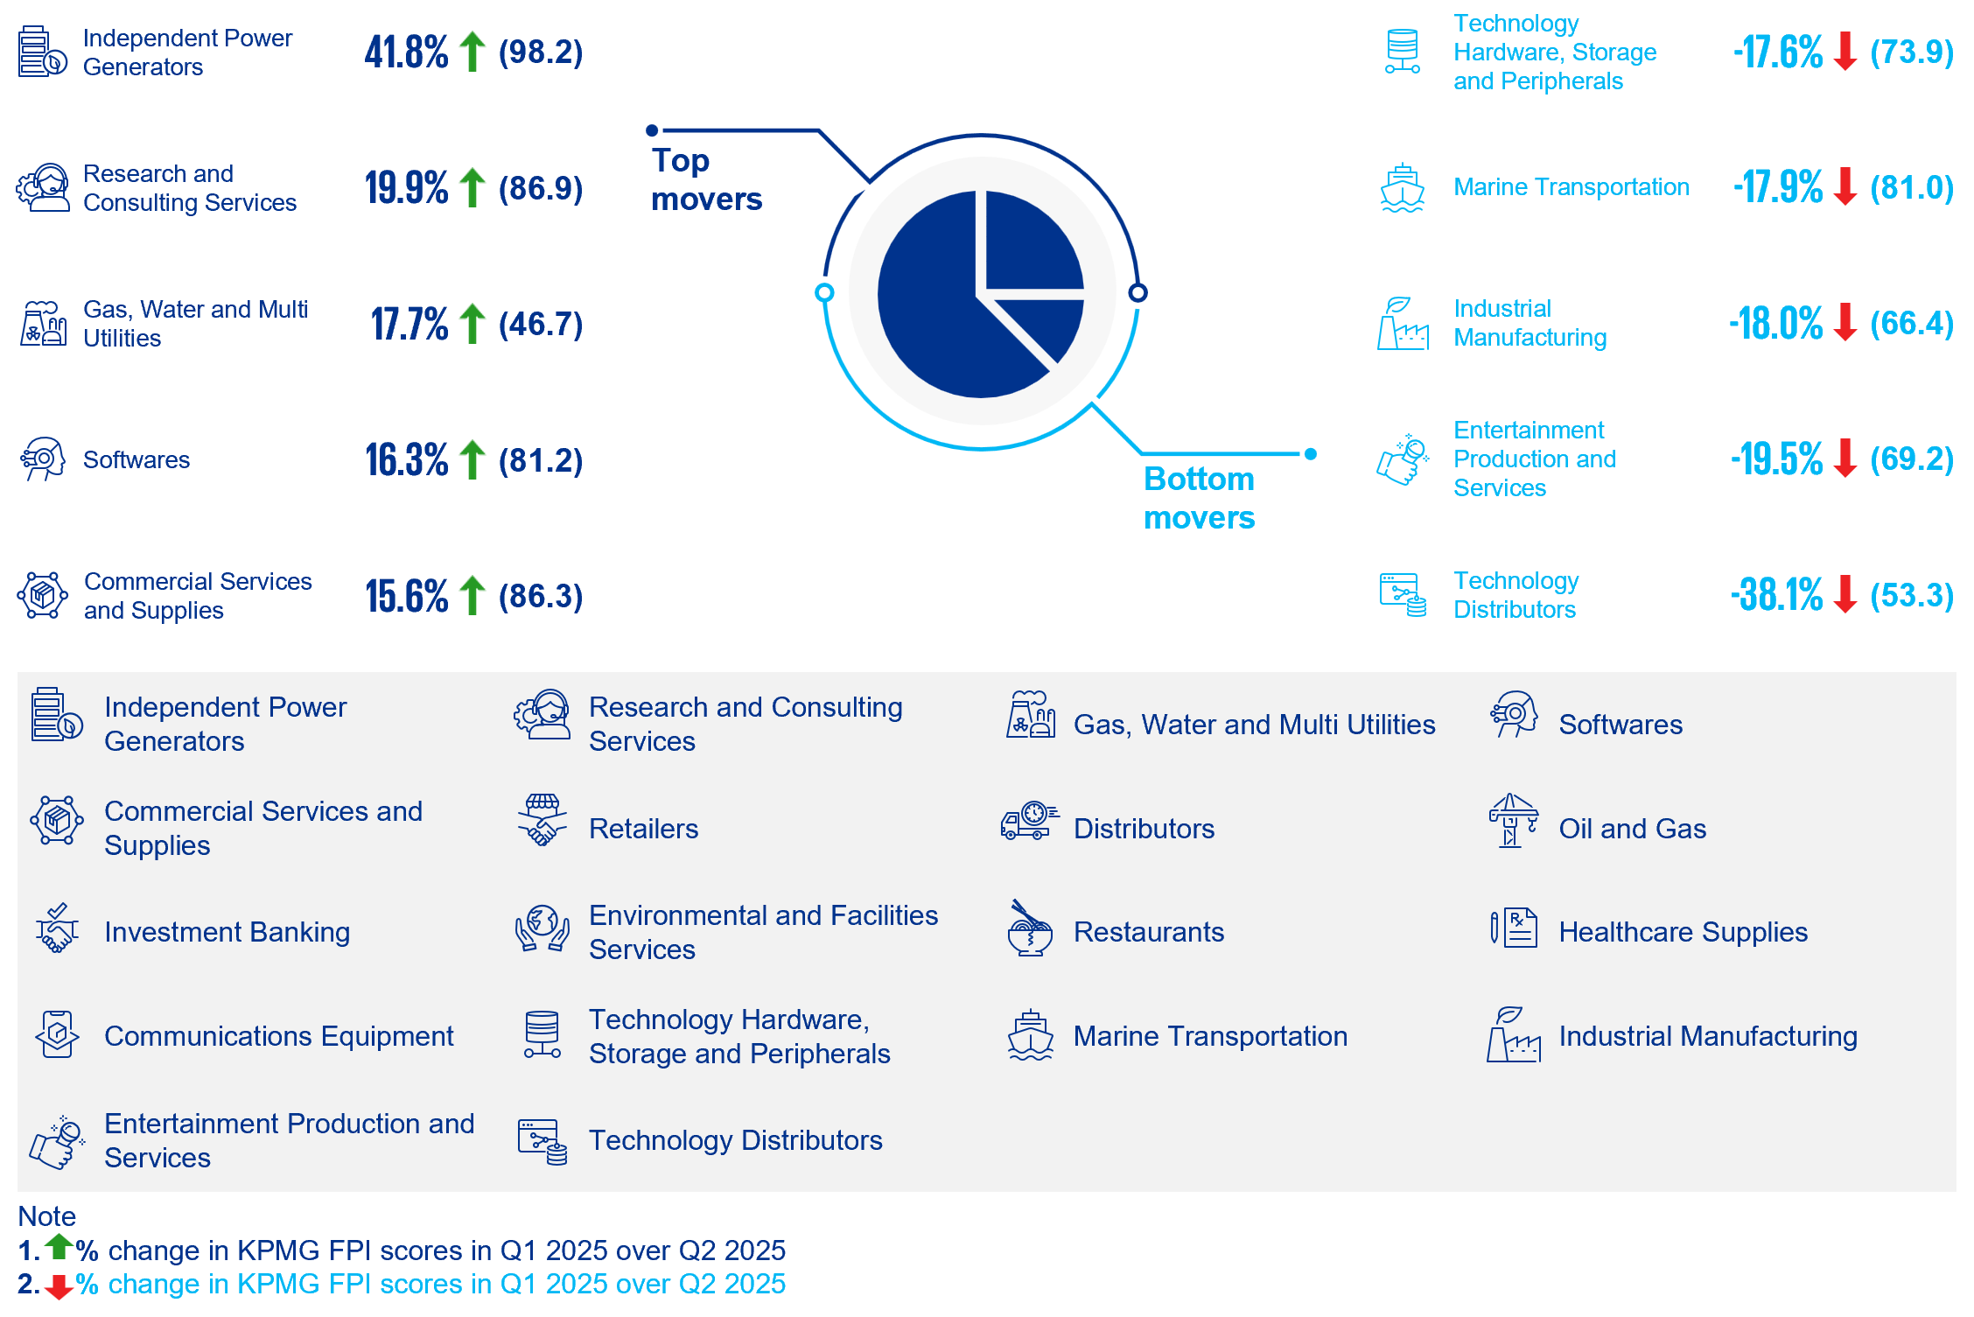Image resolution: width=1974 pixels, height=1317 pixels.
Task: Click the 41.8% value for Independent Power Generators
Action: pos(406,53)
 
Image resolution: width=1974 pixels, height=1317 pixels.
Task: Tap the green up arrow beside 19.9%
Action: pos(472,187)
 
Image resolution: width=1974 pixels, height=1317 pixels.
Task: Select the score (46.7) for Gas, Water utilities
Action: pos(541,325)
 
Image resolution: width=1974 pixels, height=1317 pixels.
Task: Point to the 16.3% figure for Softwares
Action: pos(406,460)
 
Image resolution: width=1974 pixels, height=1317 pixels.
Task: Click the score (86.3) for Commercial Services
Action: pos(541,596)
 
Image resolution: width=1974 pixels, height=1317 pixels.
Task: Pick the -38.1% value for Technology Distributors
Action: pos(1776,595)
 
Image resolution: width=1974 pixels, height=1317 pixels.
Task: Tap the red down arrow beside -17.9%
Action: pos(1844,186)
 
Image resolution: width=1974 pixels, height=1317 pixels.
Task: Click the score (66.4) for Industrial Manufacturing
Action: pos(1912,323)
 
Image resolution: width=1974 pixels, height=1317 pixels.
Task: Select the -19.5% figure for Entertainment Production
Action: pos(1776,459)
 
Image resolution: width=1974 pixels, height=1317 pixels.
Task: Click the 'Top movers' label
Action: pos(706,179)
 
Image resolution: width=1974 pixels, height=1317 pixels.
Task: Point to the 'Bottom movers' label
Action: pos(1199,498)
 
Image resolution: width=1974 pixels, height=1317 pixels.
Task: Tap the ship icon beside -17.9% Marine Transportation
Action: pos(1402,187)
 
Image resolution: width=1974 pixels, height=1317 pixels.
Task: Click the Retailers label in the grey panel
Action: pos(643,829)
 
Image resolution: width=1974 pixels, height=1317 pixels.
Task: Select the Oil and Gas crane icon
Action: pos(1513,821)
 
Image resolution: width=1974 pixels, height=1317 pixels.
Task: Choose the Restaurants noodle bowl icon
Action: pos(1030,928)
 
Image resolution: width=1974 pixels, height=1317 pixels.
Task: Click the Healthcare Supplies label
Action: pos(1683,932)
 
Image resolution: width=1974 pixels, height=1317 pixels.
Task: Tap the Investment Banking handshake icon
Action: pos(57,928)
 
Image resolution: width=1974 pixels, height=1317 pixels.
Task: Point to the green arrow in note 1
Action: pos(59,1246)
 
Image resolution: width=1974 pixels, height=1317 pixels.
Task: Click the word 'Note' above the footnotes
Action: pos(47,1216)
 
